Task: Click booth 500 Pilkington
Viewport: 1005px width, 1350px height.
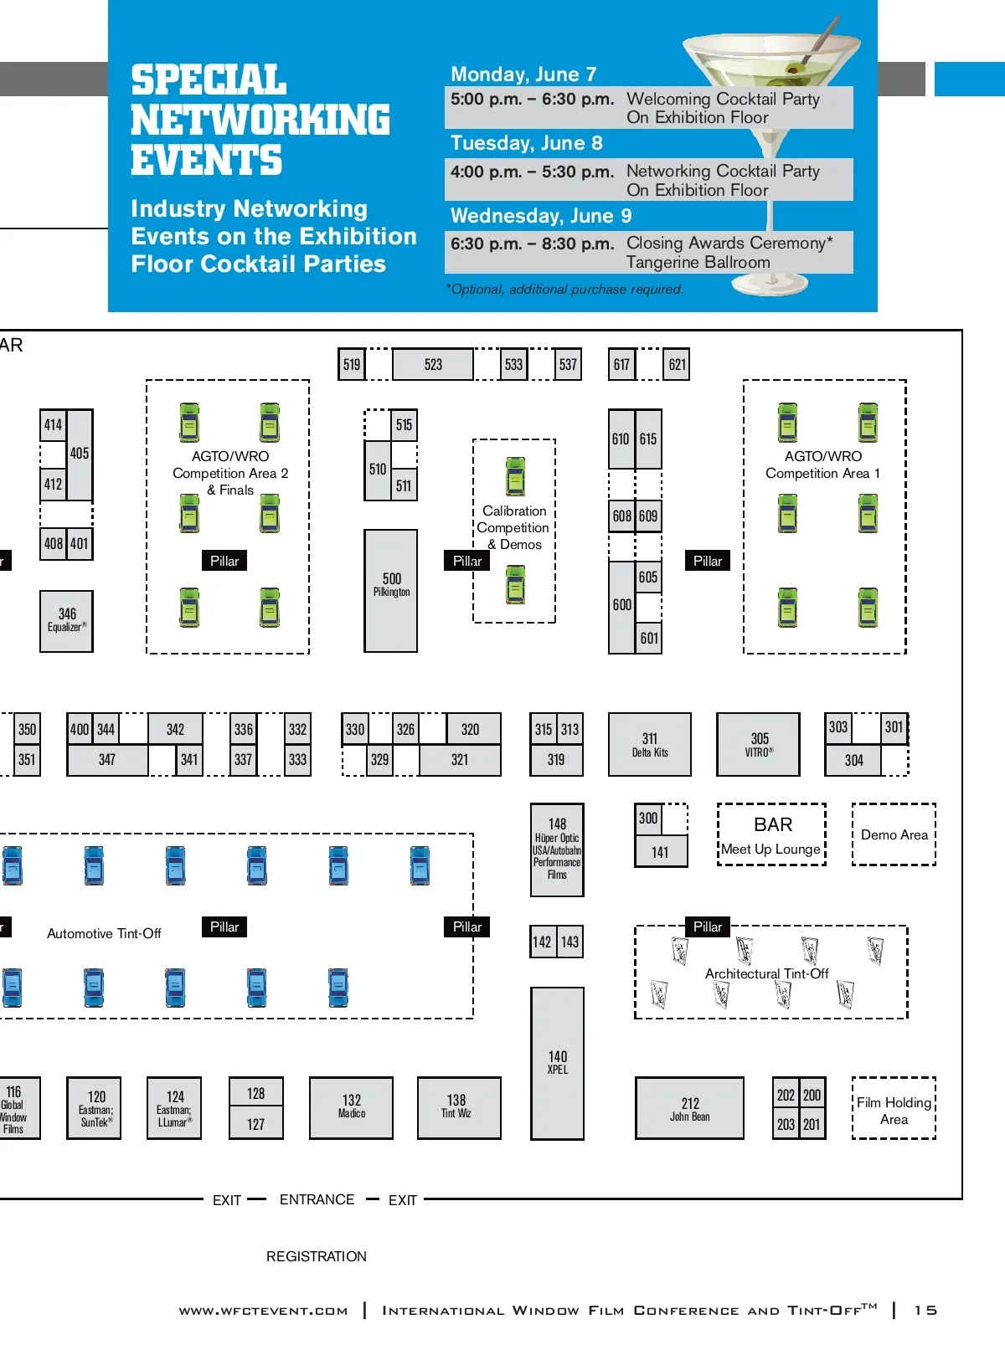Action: (x=391, y=590)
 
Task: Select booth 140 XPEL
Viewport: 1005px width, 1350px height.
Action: (x=557, y=1064)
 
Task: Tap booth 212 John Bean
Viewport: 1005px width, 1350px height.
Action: (x=689, y=1109)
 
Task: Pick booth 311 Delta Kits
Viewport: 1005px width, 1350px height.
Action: (x=650, y=745)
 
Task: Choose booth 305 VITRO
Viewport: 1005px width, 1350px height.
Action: (x=759, y=745)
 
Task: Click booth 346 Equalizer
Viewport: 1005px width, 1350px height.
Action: (x=67, y=621)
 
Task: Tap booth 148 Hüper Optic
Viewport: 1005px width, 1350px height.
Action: (x=557, y=850)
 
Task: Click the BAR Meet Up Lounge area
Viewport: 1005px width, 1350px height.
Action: (x=771, y=834)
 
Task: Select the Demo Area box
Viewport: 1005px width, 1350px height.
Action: (x=894, y=834)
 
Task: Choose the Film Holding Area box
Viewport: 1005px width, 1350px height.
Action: (x=894, y=1109)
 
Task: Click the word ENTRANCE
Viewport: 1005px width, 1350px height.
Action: (x=317, y=1199)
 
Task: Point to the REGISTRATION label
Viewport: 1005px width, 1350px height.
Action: (x=317, y=1256)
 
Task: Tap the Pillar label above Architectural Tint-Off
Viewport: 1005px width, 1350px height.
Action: (x=708, y=927)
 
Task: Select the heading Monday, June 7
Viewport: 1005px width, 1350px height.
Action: (x=523, y=74)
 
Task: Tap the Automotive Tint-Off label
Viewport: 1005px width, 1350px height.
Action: (x=104, y=933)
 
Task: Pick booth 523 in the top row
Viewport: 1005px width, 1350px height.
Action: (x=433, y=365)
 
